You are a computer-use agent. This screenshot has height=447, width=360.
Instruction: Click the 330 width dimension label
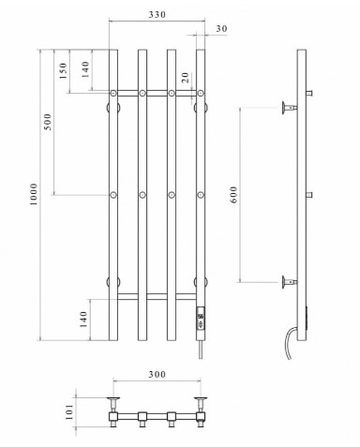coord(157,15)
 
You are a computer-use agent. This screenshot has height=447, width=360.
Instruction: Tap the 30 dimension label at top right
coord(221,29)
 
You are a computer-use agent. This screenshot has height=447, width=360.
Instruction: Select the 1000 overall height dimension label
coord(33,194)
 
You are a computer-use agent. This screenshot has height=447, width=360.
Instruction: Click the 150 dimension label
coord(64,70)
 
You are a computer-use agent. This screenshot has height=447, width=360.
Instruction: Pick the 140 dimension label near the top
coord(85,69)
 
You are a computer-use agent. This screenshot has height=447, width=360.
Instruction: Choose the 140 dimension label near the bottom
coord(83,320)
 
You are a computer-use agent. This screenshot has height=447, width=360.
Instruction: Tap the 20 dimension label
coord(186,77)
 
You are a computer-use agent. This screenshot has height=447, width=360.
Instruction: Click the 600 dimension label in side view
coord(233,195)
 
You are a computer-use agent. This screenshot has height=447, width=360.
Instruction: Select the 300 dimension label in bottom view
coord(157,374)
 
